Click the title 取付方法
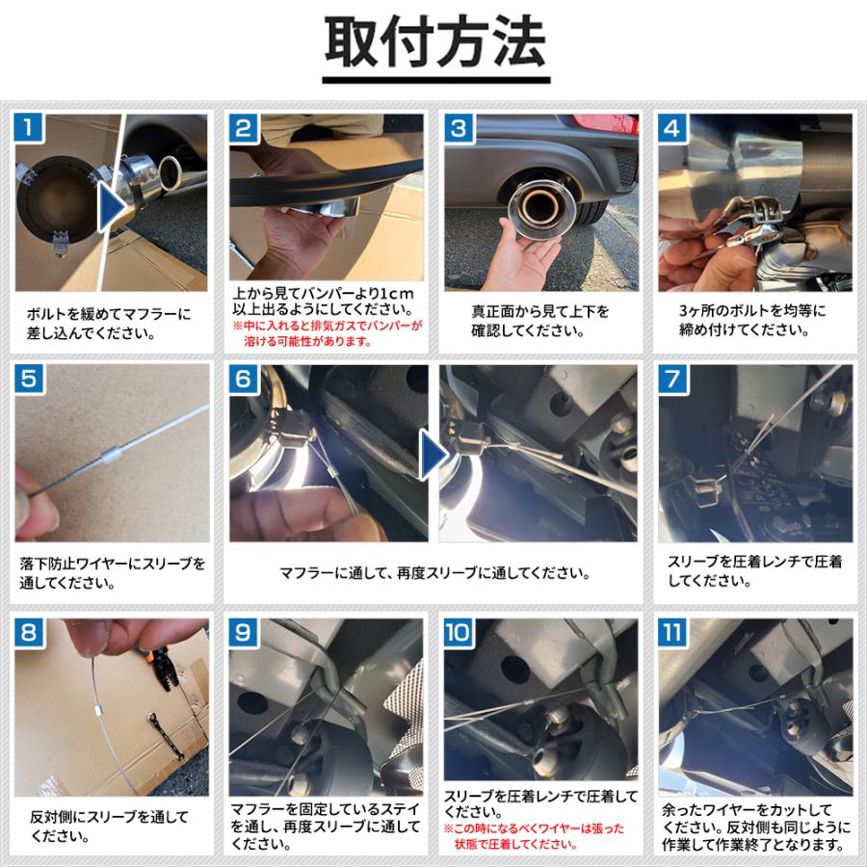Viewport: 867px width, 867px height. [435, 42]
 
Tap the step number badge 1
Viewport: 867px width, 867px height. [29, 128]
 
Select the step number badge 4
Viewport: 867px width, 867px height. [672, 128]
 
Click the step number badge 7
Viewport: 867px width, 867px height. [672, 380]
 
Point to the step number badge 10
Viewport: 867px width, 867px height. [459, 633]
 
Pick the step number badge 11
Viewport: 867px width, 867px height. [672, 633]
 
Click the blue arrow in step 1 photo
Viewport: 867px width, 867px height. [112, 206]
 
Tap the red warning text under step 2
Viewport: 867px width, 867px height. [328, 334]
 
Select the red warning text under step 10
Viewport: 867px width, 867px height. [534, 836]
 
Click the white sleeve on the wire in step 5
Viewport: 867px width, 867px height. [112, 455]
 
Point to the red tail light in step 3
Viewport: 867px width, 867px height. [605, 122]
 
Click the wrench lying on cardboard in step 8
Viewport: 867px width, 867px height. [166, 736]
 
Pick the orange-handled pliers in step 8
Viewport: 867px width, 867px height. [160, 668]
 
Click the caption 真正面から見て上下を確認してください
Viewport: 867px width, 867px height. [540, 321]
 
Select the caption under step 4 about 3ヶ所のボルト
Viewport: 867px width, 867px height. [752, 320]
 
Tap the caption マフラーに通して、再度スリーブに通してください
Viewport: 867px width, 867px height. [434, 573]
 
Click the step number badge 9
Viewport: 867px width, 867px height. [244, 633]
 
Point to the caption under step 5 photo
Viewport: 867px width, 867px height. [113, 573]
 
